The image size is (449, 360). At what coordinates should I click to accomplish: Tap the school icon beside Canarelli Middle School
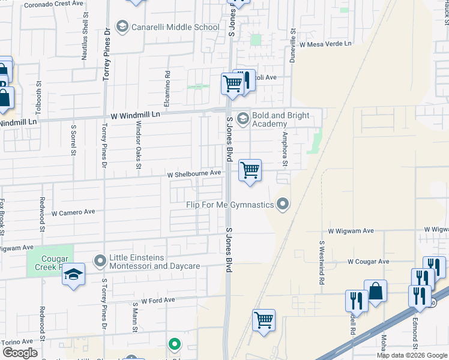click(122, 27)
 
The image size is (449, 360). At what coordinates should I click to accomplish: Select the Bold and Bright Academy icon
click(243, 118)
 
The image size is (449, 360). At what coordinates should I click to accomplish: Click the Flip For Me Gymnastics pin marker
click(283, 205)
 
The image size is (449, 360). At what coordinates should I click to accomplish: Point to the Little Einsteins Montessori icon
click(100, 260)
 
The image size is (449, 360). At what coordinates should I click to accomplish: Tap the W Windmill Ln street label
click(136, 114)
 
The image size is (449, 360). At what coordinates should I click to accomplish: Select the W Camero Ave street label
click(73, 212)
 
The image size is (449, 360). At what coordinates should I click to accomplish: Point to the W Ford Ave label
click(158, 300)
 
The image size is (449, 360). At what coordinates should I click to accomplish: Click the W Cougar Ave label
click(369, 262)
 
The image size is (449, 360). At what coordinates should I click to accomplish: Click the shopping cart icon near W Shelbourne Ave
click(250, 170)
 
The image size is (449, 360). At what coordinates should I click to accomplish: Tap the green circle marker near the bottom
click(174, 344)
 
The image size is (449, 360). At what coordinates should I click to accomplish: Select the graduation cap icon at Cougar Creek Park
click(74, 275)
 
